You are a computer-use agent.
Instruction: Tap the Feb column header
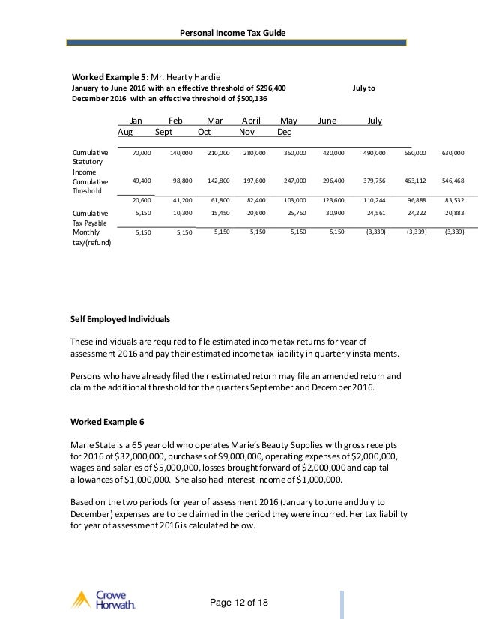click(175, 121)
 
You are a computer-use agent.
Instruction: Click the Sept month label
click(163, 132)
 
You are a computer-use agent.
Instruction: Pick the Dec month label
click(284, 132)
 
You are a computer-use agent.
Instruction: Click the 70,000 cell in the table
click(142, 153)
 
